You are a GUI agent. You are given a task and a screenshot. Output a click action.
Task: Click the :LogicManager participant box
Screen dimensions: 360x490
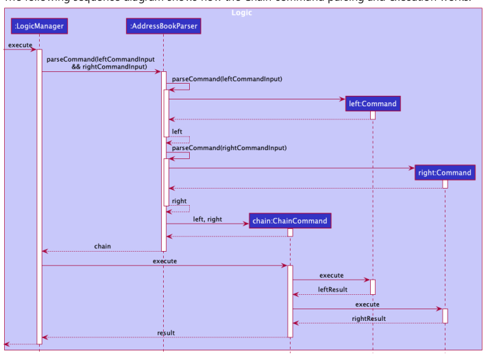(x=39, y=27)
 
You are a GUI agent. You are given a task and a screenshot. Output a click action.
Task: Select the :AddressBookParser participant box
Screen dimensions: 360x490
(x=164, y=27)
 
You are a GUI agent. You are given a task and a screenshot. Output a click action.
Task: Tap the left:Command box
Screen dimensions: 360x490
(x=373, y=104)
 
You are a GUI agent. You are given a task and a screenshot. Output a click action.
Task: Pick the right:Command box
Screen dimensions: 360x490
(x=445, y=172)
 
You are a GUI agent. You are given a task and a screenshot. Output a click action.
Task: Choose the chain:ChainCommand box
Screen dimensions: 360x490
(x=290, y=221)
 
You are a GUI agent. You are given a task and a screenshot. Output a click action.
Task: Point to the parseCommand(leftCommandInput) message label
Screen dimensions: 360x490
(x=227, y=79)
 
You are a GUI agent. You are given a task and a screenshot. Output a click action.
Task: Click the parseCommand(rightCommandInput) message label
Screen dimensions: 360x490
(x=229, y=147)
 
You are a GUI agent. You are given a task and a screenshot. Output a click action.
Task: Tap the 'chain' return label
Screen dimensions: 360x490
(x=102, y=246)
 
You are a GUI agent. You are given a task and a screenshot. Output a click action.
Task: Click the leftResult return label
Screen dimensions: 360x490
(x=332, y=289)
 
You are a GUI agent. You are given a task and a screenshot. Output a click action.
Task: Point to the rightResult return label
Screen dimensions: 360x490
(x=368, y=318)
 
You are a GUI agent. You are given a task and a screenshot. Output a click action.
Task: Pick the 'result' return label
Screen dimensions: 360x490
(x=165, y=333)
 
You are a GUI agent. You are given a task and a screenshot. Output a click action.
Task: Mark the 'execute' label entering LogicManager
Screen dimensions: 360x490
(x=20, y=45)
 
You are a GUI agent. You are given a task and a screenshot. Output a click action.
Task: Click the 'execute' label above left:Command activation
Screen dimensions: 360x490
(x=331, y=275)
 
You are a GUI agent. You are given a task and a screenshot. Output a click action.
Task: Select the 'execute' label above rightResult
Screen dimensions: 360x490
(x=367, y=304)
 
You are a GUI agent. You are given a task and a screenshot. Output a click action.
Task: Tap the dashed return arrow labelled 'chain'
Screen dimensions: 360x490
(x=102, y=251)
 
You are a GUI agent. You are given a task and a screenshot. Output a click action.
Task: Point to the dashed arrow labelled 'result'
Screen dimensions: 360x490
(x=165, y=337)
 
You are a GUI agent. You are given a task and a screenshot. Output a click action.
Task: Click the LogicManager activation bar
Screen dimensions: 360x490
(x=39, y=192)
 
